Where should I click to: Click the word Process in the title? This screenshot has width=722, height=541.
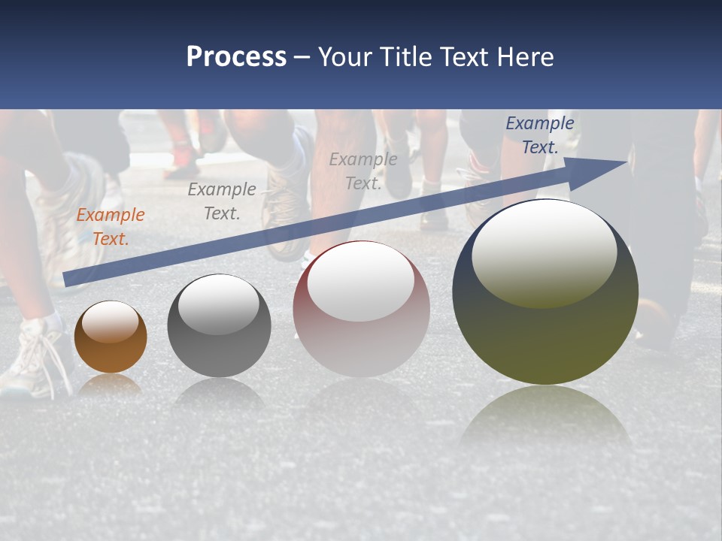coord(236,57)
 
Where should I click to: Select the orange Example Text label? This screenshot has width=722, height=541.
coord(110,227)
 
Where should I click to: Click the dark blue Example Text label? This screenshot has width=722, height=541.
coord(539,135)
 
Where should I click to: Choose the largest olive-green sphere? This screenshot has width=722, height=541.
coord(545,331)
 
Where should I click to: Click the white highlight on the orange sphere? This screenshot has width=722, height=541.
coord(111,322)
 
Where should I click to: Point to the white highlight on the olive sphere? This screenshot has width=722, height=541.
coord(544,252)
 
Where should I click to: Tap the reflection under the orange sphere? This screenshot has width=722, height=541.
coord(111,385)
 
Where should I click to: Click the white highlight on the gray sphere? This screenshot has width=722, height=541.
coord(219,304)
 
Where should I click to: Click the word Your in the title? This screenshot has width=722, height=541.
coord(346,57)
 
